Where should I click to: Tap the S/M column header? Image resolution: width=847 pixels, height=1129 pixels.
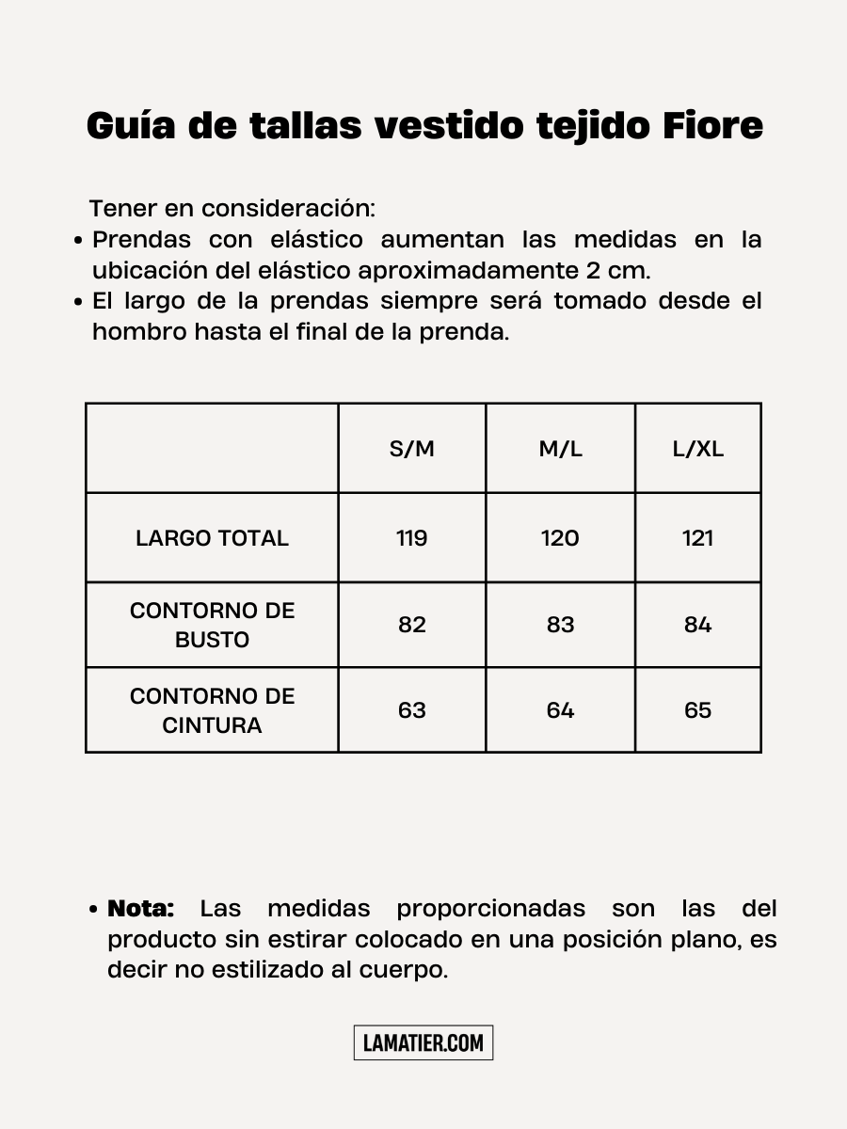(412, 449)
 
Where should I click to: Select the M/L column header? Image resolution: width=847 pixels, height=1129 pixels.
(560, 449)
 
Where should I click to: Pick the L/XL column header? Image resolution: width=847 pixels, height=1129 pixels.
(697, 449)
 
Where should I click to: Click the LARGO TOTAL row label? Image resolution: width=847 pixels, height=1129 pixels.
(212, 538)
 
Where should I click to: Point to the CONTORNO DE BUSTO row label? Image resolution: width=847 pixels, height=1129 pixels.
(212, 625)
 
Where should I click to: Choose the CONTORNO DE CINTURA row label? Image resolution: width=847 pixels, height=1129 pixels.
(212, 710)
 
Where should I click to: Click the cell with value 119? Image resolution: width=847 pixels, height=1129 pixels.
(412, 538)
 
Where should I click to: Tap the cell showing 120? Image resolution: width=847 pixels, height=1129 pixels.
(560, 538)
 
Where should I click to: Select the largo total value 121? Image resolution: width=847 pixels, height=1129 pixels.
(697, 538)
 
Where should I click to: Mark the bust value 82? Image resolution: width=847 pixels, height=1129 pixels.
(412, 625)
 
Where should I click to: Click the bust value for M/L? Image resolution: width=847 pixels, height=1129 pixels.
(560, 625)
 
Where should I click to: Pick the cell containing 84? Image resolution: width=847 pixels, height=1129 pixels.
(697, 625)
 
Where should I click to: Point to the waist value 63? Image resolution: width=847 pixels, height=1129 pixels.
(412, 710)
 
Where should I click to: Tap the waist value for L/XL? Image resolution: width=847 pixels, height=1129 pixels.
(697, 710)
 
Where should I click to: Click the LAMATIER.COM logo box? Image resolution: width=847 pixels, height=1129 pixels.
(423, 1042)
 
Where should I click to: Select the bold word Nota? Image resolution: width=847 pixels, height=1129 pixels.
(141, 909)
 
